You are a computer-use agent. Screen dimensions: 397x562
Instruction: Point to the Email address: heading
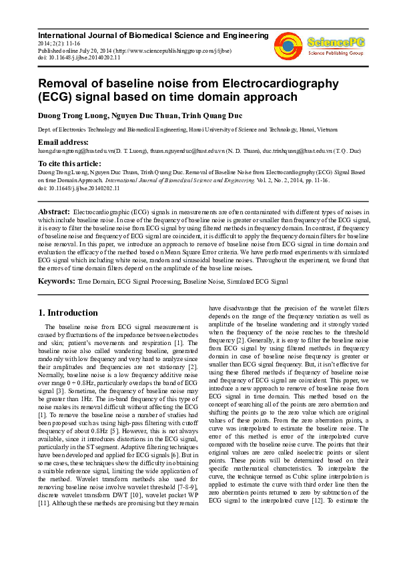63,142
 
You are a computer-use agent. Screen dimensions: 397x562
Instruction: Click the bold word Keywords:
57,282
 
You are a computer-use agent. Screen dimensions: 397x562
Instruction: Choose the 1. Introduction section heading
68,312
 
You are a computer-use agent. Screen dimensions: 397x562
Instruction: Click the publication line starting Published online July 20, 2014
134,50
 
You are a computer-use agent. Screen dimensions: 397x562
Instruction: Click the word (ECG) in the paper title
55,97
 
